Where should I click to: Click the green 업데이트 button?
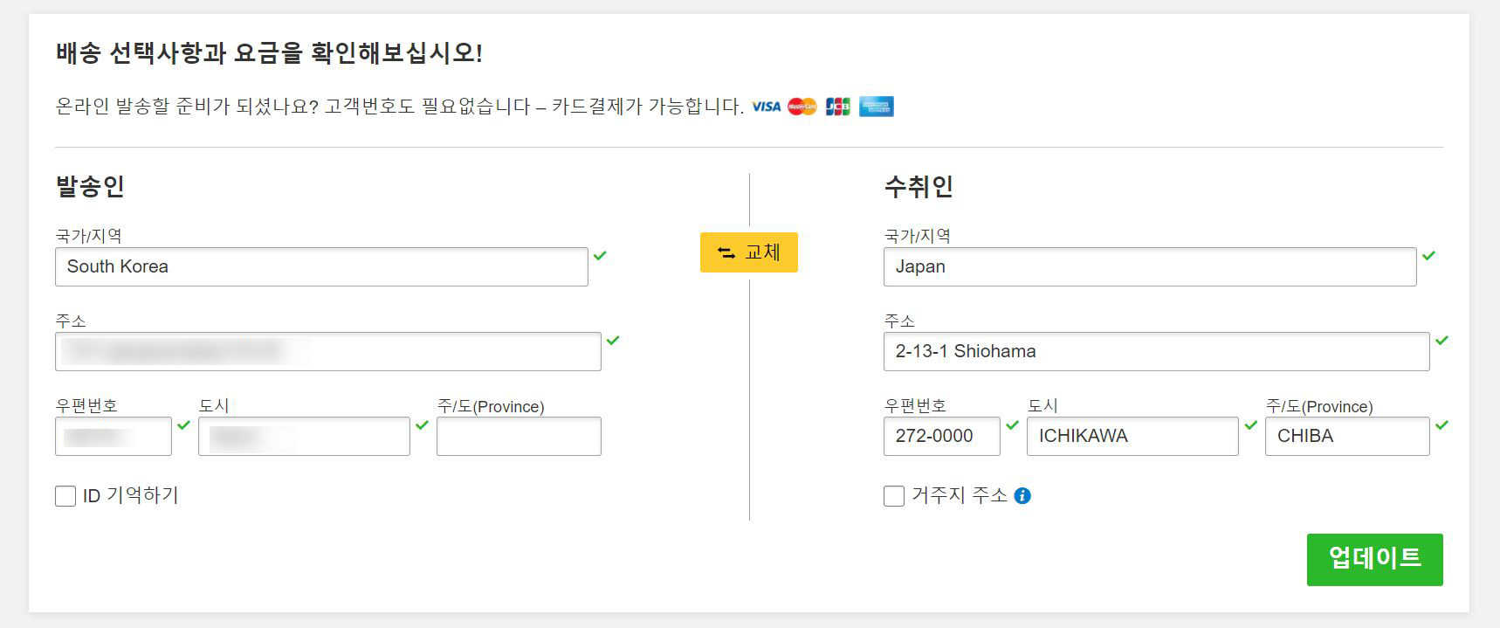tap(1374, 559)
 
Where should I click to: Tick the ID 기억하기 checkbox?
tap(65, 496)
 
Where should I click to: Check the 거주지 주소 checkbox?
tap(894, 496)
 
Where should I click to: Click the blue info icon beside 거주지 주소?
tap(1022, 496)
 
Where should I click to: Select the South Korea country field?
tap(321, 266)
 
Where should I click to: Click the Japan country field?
tap(1149, 266)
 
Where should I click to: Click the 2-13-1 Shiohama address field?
tap(1156, 351)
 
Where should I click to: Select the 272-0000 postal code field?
tap(941, 436)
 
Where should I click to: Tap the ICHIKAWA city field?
tap(1132, 436)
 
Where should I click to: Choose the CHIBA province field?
tap(1346, 436)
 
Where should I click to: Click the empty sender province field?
tap(519, 436)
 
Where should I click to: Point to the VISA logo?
tap(766, 107)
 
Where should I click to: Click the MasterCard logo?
tap(802, 107)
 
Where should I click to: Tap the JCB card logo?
tap(837, 107)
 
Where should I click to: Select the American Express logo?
tap(876, 107)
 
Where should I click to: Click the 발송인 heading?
tap(90, 186)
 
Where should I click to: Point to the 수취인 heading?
tap(919, 186)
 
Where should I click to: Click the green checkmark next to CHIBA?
tap(1442, 425)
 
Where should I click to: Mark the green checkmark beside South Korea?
tap(600, 256)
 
